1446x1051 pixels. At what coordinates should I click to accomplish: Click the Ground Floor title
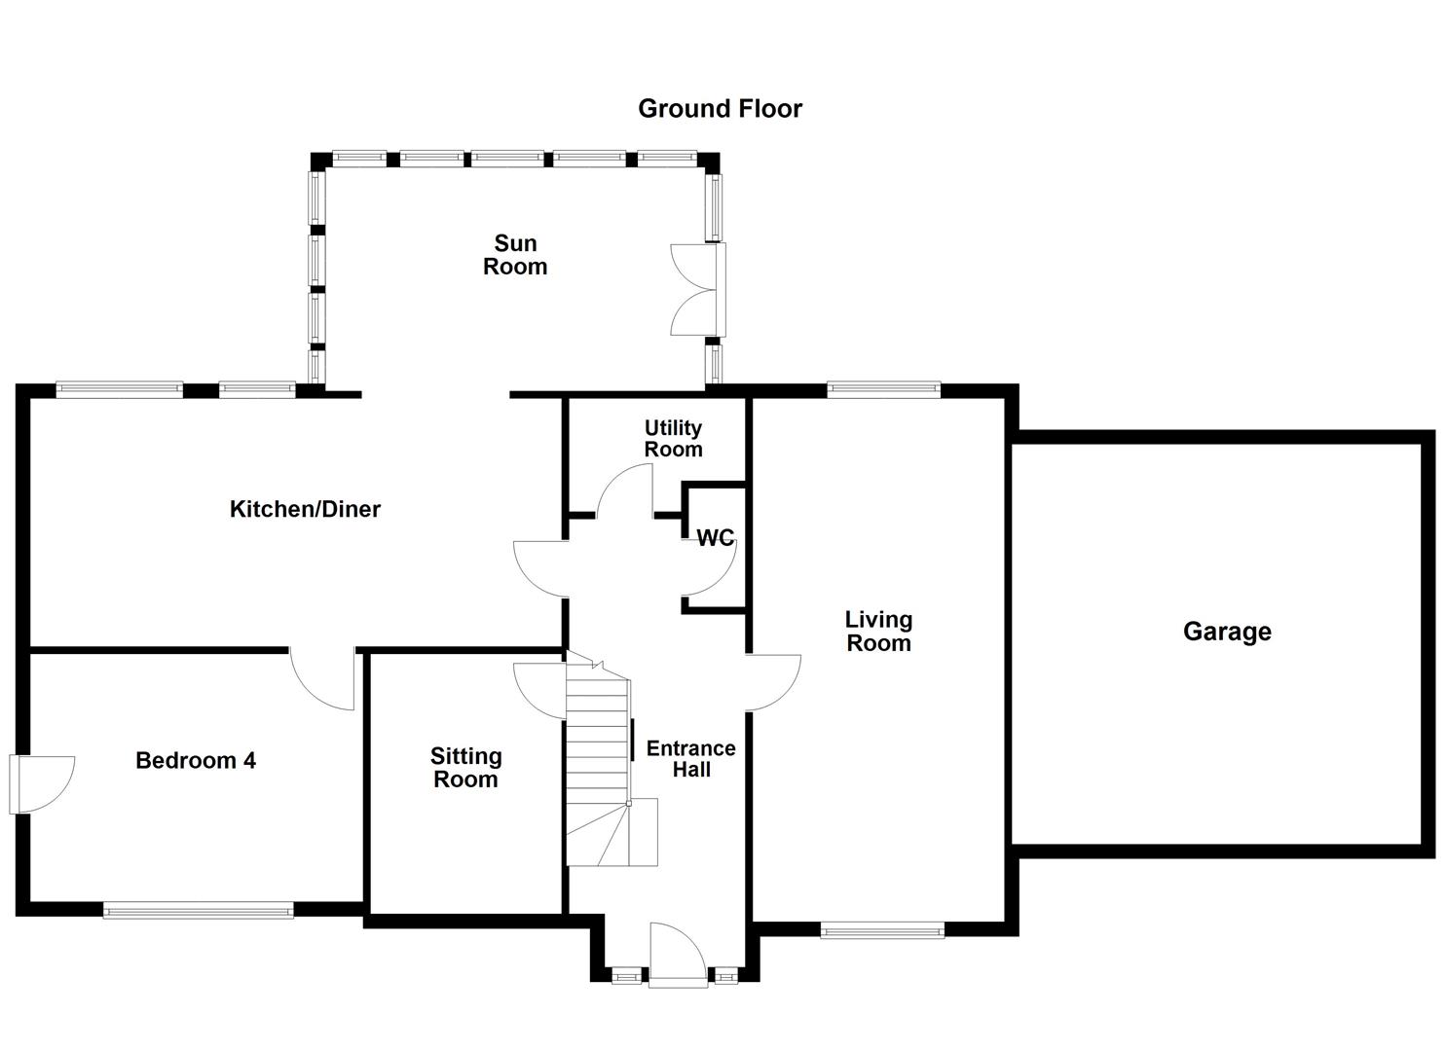click(x=720, y=109)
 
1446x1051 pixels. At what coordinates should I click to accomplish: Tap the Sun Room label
click(x=515, y=255)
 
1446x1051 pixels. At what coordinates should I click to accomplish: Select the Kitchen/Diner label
click(x=305, y=509)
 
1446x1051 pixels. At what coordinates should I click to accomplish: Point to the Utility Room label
click(x=673, y=439)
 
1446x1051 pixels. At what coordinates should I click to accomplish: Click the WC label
click(x=715, y=538)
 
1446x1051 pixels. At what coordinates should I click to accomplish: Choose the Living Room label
click(x=878, y=632)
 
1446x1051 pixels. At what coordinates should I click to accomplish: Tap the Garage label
click(x=1226, y=632)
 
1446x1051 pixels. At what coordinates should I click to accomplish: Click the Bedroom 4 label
click(x=196, y=761)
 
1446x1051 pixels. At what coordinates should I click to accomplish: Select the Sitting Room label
click(x=465, y=768)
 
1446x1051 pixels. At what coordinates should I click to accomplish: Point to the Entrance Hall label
click(x=691, y=759)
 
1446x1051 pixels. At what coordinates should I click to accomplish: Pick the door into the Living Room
click(x=772, y=682)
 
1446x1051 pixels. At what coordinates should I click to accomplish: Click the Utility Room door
click(x=626, y=490)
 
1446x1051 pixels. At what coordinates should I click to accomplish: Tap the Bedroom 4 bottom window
click(x=198, y=911)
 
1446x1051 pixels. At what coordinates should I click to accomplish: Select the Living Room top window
click(x=883, y=390)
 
